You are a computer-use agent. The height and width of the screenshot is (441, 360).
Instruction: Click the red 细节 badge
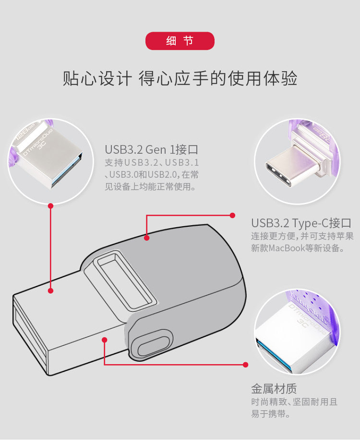point(180,41)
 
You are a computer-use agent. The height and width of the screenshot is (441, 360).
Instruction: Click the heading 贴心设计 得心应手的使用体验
point(180,78)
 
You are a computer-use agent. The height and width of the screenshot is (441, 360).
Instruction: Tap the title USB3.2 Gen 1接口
point(152,149)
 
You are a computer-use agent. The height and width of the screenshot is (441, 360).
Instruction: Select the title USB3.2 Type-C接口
point(301,223)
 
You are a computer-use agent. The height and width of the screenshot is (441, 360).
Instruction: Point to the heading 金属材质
point(274,389)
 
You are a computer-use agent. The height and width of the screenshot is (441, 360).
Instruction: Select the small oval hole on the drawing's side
point(154,343)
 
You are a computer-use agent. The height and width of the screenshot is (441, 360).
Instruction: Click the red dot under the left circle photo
point(50,206)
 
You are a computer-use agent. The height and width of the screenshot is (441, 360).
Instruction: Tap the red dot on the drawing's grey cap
point(146,238)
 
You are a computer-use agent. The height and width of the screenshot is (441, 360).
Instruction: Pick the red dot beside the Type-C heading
point(232,215)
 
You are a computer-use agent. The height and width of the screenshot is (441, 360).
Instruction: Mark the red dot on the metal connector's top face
point(50,291)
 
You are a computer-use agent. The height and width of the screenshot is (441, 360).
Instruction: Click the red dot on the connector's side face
point(105,340)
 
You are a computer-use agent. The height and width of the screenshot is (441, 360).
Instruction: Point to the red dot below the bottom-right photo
point(245,365)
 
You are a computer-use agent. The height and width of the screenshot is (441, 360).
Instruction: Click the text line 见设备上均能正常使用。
point(151,186)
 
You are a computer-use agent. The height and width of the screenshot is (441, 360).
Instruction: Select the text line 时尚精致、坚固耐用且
point(294,402)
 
